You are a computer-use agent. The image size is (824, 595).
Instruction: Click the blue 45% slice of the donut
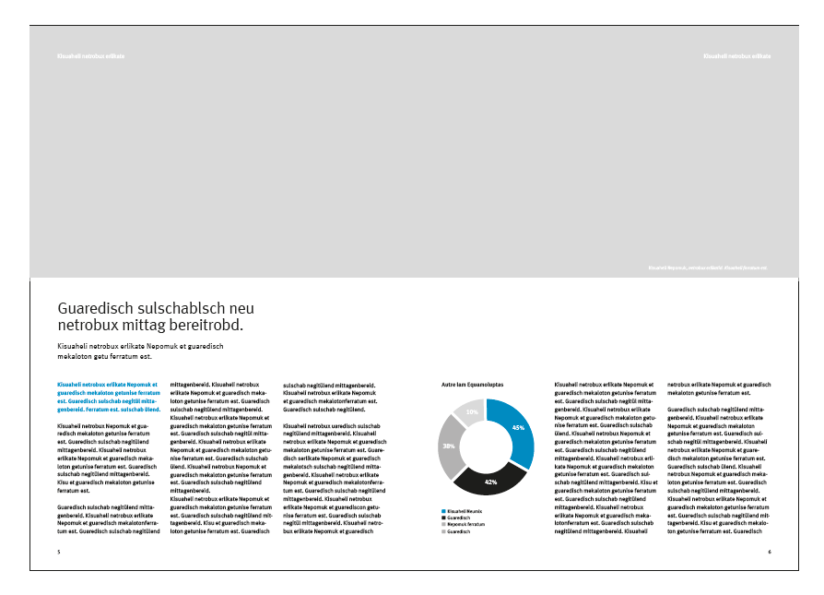516,430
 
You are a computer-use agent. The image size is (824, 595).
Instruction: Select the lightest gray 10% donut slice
472,412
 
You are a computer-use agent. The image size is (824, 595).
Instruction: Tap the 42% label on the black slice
490,482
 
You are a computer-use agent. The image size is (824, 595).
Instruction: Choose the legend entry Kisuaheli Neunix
465,510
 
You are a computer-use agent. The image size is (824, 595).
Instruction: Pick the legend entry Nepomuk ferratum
465,525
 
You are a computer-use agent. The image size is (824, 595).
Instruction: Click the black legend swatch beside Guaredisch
444,518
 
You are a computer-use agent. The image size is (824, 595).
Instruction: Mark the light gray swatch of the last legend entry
444,532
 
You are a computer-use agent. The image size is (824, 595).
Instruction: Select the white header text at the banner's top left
90,56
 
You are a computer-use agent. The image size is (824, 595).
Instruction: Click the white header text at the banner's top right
736,56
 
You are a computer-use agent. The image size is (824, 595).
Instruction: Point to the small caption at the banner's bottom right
708,268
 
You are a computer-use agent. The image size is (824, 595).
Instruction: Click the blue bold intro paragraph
109,396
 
